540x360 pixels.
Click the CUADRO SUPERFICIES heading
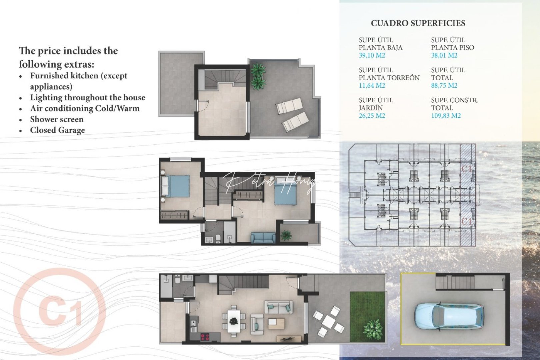coord(418,23)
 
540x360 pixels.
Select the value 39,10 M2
coord(372,55)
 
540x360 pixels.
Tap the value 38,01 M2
coord(444,55)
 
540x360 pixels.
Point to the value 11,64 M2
coord(372,86)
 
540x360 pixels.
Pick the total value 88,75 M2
coord(444,86)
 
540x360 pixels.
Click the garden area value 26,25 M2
coord(372,116)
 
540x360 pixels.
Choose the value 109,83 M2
coord(446,116)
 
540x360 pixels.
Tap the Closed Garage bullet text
coord(57,130)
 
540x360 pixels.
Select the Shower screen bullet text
coord(57,119)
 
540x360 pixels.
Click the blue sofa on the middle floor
coord(263,237)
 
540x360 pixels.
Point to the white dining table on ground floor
coord(234,321)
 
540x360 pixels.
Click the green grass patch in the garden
coord(367,317)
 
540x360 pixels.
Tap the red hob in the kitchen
coord(205,337)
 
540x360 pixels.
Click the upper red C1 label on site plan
coord(467,169)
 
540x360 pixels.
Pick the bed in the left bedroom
coord(176,186)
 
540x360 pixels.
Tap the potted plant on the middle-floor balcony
coord(286,235)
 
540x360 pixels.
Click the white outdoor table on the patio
coord(329,321)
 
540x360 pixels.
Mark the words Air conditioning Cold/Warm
coord(85,108)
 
